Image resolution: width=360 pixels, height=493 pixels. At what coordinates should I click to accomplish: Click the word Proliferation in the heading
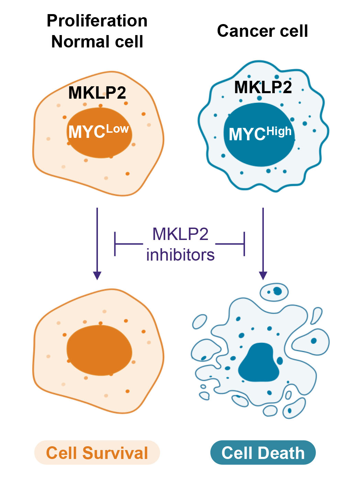[x=97, y=21]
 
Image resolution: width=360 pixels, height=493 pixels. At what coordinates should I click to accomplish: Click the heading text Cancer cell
[x=262, y=31]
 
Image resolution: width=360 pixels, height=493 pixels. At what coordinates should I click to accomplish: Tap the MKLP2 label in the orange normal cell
[x=97, y=93]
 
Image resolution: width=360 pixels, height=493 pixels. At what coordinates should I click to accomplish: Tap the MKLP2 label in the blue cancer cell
[x=263, y=87]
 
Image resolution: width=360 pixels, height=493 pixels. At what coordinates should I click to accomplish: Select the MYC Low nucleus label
[x=99, y=132]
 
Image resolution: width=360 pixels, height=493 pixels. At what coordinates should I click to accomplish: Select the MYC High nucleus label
[x=260, y=133]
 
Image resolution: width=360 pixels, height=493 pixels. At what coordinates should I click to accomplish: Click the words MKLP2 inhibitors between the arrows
[x=180, y=244]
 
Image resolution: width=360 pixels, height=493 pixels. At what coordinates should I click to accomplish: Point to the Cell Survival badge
[x=97, y=453]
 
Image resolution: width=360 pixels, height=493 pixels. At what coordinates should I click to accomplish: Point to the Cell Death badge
[x=263, y=453]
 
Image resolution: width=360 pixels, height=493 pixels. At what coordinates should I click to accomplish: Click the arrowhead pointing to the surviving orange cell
[x=97, y=275]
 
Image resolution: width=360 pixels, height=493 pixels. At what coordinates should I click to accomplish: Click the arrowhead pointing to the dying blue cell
[x=263, y=275]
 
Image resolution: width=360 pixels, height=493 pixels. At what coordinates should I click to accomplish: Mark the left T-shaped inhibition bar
[x=115, y=244]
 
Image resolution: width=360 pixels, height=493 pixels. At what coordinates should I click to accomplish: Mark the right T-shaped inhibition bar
[x=244, y=244]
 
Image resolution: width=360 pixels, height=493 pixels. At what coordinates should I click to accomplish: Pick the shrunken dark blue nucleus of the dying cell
[x=260, y=363]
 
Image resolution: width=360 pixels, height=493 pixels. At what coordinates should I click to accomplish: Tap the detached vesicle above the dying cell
[x=274, y=292]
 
